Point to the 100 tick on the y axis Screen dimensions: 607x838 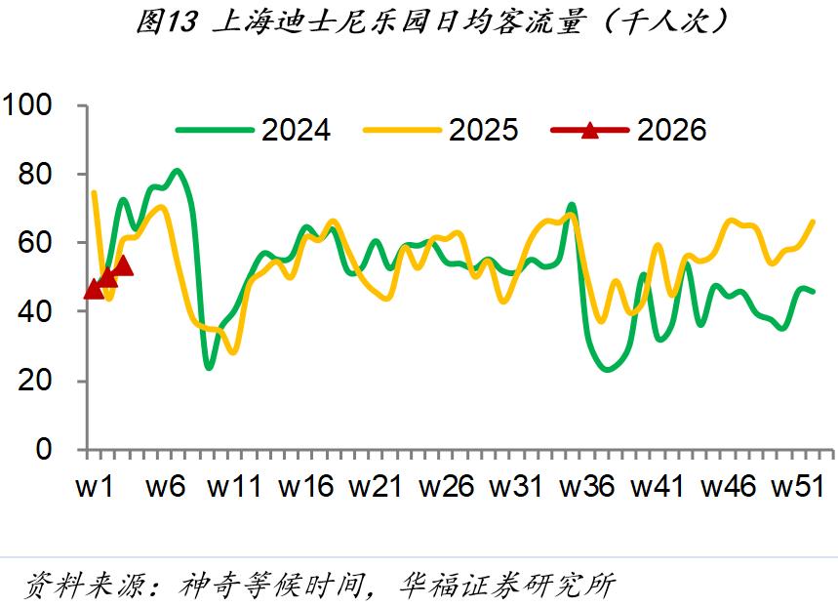pos(34,105)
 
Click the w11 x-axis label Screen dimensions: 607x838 pos(235,487)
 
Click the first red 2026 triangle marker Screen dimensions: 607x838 pos(94,290)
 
